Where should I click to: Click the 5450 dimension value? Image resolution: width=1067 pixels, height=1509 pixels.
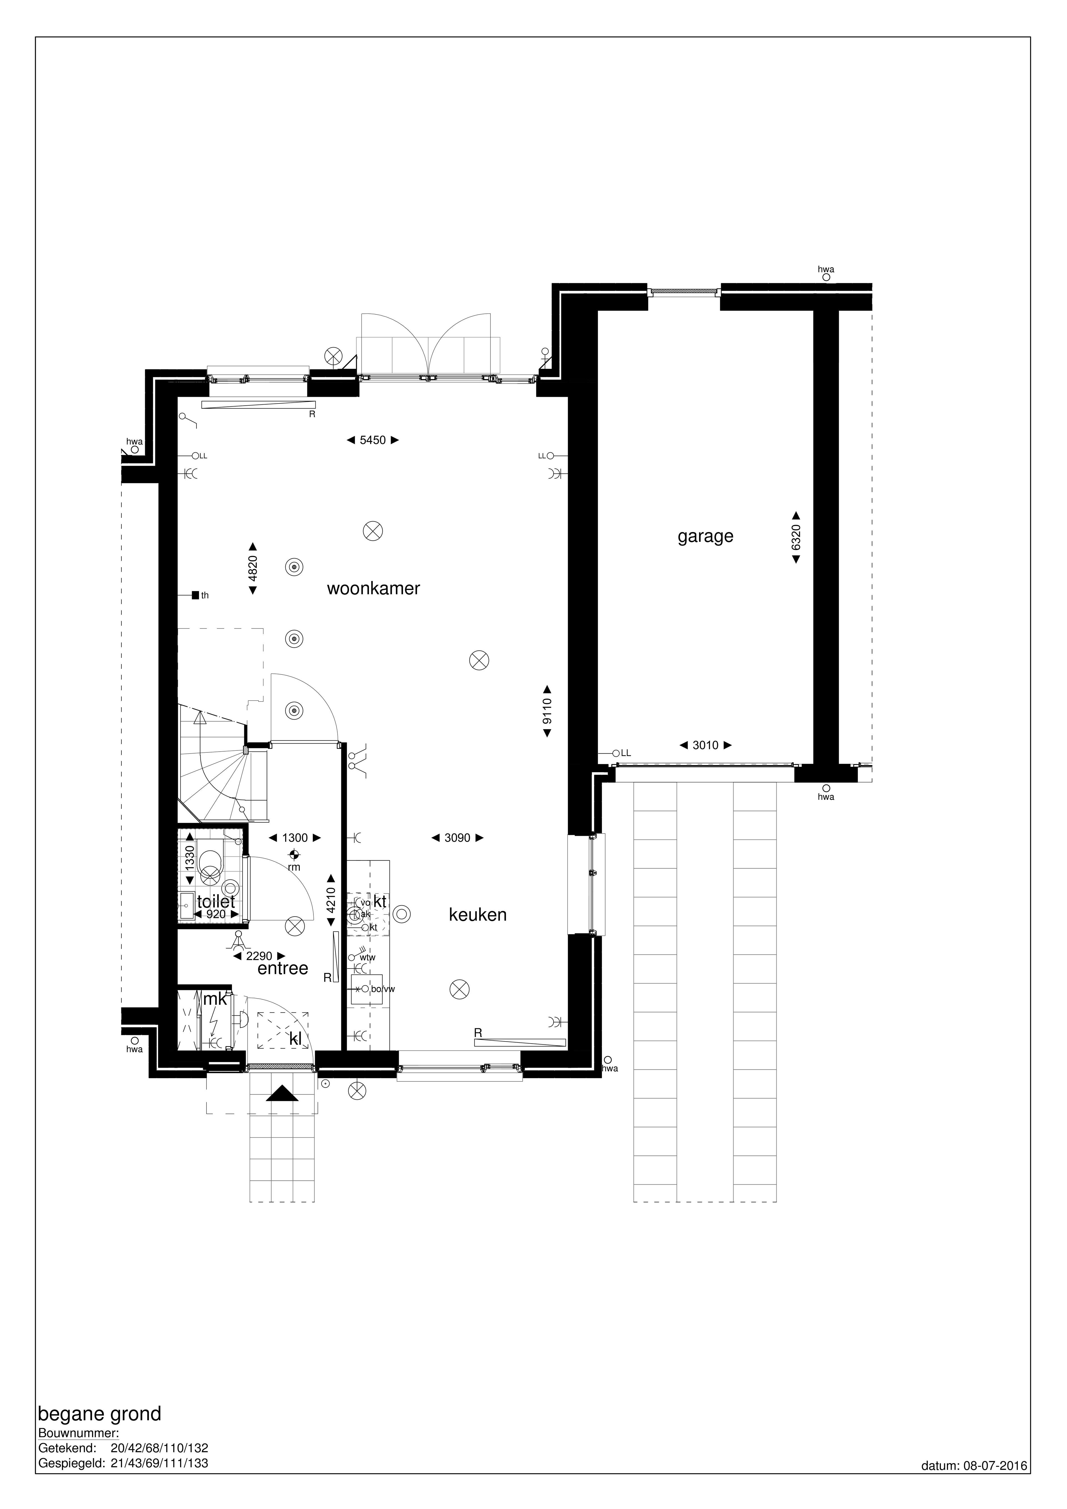point(373,440)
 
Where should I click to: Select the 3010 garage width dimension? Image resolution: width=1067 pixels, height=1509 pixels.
point(705,745)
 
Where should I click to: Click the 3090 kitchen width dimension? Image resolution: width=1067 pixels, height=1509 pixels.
point(458,838)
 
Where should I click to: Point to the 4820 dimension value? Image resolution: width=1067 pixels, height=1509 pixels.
point(253,568)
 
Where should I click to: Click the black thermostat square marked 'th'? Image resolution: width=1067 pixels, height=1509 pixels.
point(195,595)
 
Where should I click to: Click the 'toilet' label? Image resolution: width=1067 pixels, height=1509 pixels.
point(216,902)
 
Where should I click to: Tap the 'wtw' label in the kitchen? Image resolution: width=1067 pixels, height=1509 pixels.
point(368,957)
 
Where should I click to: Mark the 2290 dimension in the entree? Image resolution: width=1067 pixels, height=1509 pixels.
point(259,956)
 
